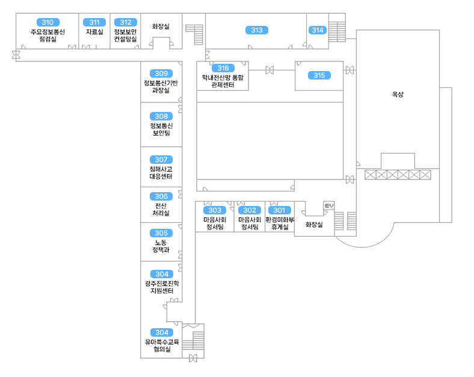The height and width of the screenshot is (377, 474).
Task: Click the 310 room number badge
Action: (47, 22)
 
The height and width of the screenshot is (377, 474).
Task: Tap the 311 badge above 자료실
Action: (94, 22)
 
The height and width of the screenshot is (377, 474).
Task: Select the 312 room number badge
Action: (125, 22)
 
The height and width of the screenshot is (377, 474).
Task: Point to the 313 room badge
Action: (257, 30)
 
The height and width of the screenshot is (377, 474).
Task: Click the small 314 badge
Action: (317, 30)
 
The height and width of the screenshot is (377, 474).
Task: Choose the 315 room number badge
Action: (319, 75)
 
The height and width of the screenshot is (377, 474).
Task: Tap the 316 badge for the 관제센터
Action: (223, 68)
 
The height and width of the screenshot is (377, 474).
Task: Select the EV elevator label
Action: (328, 206)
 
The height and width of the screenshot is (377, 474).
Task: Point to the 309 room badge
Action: (161, 73)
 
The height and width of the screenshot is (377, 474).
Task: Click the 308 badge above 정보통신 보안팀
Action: (161, 116)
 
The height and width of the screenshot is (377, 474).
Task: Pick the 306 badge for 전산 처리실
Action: (161, 196)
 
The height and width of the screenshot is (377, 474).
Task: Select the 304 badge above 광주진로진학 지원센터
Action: (161, 274)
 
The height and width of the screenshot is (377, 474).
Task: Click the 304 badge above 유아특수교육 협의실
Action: (161, 332)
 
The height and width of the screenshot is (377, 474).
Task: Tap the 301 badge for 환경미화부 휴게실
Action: (279, 210)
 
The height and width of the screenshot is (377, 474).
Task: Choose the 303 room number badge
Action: (215, 210)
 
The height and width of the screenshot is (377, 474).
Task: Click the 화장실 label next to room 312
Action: (161, 26)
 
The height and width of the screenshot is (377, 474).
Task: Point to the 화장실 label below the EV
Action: (314, 225)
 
